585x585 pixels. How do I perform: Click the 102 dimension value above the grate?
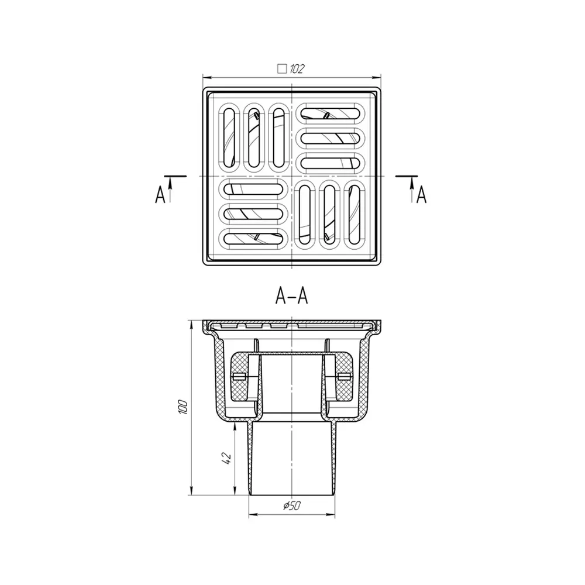[x=296, y=68]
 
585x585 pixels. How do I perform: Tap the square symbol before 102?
[x=282, y=68]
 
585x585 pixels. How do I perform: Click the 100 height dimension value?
[x=183, y=407]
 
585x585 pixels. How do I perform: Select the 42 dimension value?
[x=226, y=458]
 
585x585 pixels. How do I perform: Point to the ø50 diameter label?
[x=291, y=506]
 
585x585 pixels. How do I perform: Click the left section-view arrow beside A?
[x=170, y=189]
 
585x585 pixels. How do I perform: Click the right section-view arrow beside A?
[x=412, y=189]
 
